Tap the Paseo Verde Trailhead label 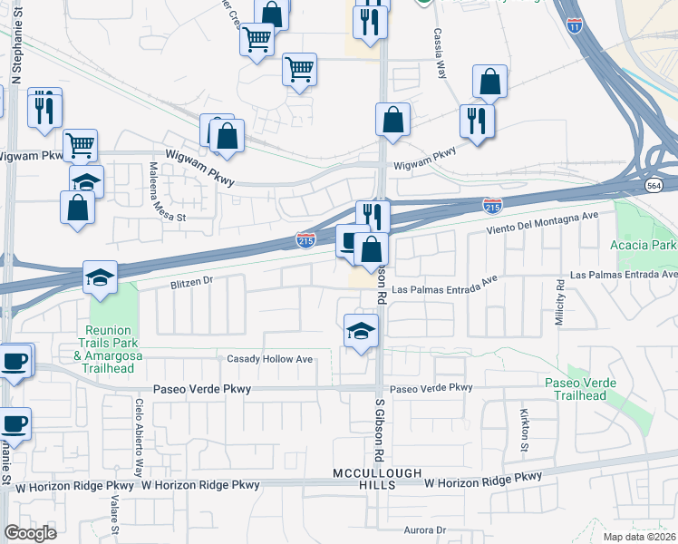(580, 390)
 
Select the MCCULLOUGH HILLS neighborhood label (364, 480)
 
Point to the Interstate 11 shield (575, 26)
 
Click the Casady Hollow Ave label (269, 359)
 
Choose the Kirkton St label (524, 430)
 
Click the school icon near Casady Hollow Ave (361, 330)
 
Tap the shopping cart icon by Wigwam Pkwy (81, 144)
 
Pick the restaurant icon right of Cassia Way (476, 121)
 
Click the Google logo (30, 532)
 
